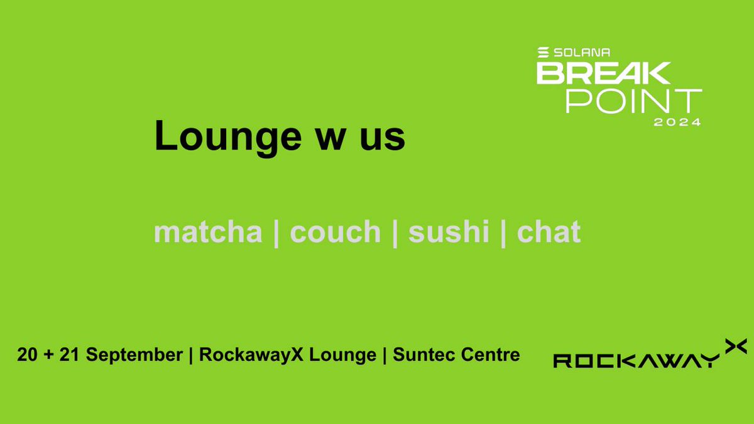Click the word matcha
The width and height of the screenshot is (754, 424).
(x=208, y=232)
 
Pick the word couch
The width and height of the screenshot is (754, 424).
(x=336, y=232)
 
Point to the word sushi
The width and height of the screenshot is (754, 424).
(x=449, y=232)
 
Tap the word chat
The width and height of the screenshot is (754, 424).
(x=549, y=232)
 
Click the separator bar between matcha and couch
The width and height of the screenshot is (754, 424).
(x=276, y=233)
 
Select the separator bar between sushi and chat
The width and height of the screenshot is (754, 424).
(x=503, y=233)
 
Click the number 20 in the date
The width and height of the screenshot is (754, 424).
(x=27, y=355)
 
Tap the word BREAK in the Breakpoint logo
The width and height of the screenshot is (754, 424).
(x=603, y=73)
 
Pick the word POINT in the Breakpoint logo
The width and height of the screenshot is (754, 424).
(x=633, y=101)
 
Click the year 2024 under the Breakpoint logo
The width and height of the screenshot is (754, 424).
(x=677, y=122)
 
